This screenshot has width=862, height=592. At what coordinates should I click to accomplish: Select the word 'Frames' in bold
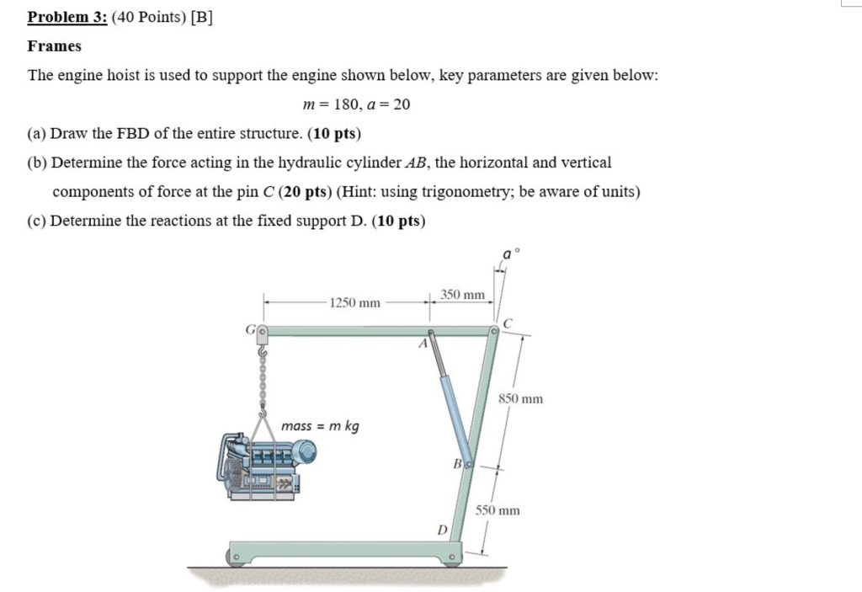[54, 46]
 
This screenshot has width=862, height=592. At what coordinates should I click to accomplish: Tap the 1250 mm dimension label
[354, 302]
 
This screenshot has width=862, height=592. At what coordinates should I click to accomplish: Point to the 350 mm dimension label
[463, 295]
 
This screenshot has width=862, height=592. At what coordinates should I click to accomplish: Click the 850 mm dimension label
[521, 398]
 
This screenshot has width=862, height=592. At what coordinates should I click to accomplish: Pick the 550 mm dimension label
[498, 510]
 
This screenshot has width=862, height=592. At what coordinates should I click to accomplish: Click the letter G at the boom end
[250, 331]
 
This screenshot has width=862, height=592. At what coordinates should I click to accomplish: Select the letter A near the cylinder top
[423, 344]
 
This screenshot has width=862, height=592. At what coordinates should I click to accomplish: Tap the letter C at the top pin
[507, 323]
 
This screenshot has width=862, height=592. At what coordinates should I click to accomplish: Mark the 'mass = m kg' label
[320, 426]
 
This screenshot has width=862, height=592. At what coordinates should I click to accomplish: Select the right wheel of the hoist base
[453, 557]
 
